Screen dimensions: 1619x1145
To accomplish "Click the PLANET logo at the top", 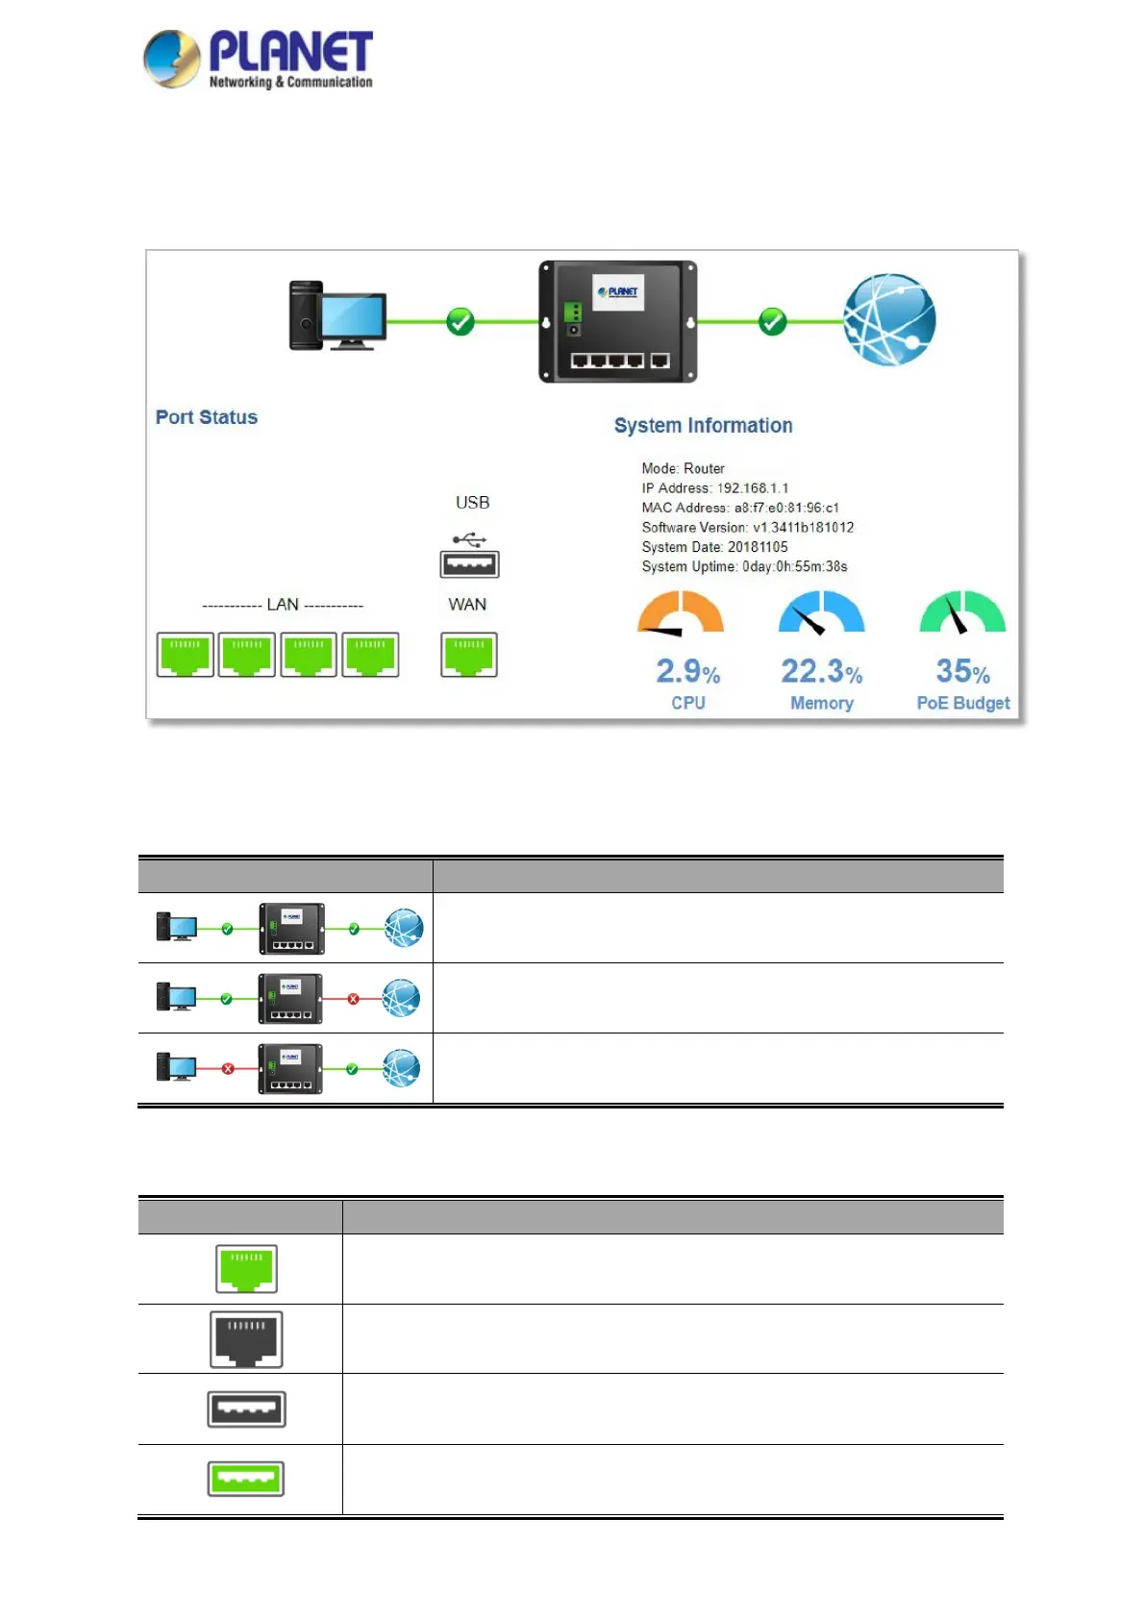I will pos(258,60).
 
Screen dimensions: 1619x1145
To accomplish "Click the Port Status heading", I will pos(207,417).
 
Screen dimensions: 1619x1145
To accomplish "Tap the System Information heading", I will pos(703,426).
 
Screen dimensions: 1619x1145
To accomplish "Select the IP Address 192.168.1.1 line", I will pos(714,488).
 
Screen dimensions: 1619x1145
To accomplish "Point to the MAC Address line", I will pos(739,508).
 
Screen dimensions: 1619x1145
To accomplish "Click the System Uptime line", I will pos(744,567).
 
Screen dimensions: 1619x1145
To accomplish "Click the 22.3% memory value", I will pos(821,671).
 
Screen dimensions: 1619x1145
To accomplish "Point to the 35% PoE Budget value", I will pos(962,671).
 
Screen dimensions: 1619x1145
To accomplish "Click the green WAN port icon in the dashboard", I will pos(469,655).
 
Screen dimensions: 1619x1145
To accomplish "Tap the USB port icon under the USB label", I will pos(469,563).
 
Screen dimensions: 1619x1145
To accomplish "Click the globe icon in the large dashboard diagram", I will pos(889,320).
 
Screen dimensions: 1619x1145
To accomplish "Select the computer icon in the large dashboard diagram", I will pos(337,315).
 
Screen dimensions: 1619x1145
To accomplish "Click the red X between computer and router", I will pos(228,1069).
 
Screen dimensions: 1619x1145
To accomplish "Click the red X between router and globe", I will pos(353,999).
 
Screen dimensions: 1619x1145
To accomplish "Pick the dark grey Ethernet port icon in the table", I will pos(246,1339).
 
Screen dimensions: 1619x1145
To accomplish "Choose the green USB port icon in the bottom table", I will pos(246,1479).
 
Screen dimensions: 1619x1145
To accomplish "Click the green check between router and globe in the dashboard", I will pos(772,321).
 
